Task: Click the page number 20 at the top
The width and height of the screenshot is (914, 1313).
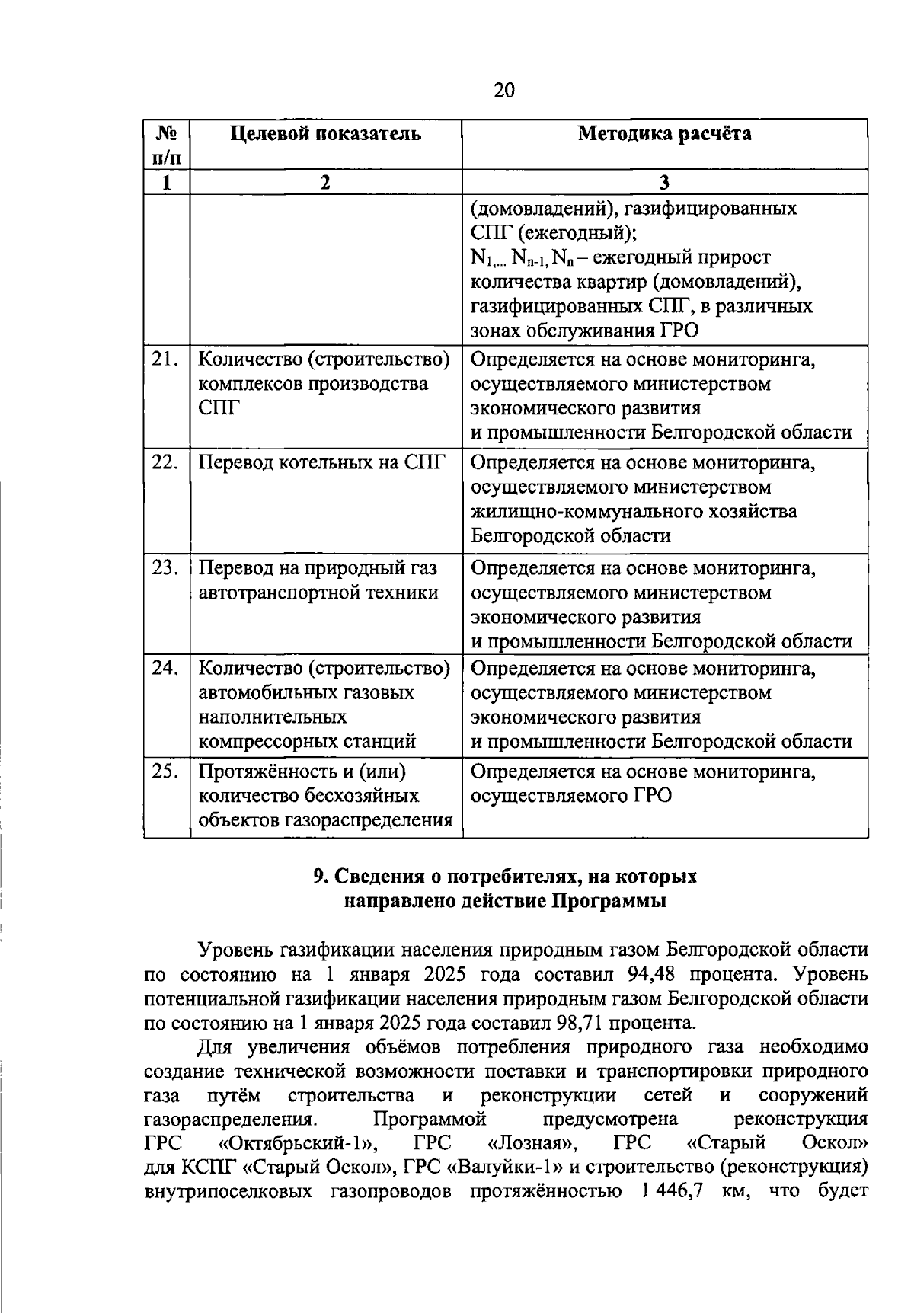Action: click(x=504, y=91)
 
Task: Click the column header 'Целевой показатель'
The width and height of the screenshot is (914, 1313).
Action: click(x=325, y=134)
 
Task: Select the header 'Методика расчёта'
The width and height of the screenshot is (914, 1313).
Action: click(x=664, y=134)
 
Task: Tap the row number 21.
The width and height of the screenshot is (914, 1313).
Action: click(x=165, y=359)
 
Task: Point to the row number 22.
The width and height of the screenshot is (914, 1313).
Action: click(x=165, y=462)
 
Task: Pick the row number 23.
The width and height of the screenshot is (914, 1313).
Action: click(x=165, y=568)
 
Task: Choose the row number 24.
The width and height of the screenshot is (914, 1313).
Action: click(x=165, y=669)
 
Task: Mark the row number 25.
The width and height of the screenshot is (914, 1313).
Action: click(x=165, y=772)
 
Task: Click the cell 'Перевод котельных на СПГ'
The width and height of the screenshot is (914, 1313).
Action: click(x=321, y=462)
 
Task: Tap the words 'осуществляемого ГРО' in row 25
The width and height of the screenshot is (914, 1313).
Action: click(x=571, y=797)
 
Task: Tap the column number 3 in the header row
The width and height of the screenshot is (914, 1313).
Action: click(x=664, y=183)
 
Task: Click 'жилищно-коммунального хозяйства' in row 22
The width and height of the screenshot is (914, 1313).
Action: click(x=634, y=511)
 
